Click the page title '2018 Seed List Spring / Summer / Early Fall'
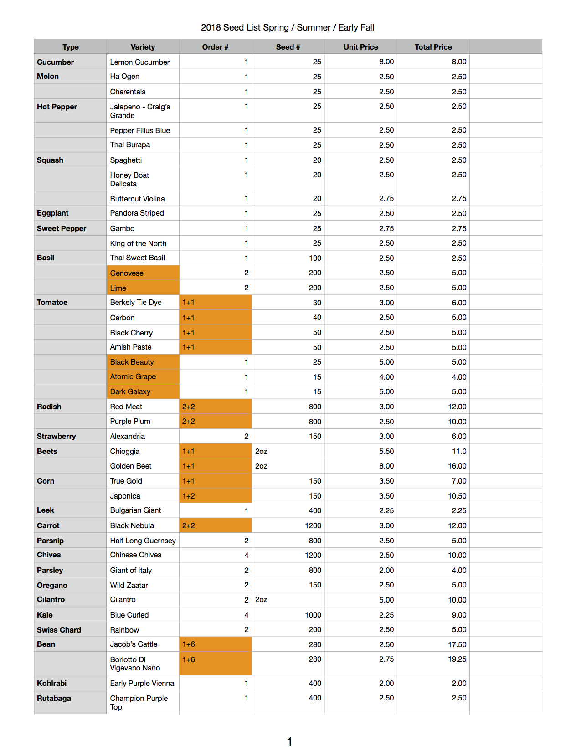pos(287,27)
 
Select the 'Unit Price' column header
pos(360,47)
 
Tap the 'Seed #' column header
pos(288,47)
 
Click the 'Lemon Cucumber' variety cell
pos(140,62)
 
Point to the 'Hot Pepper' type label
pos(57,107)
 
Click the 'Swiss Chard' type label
pos(59,630)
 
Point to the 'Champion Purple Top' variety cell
pos(139,702)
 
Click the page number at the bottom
pos(289,742)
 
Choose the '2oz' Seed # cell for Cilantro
pos(261,600)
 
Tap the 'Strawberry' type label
pos(57,436)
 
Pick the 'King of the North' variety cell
pos(138,243)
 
